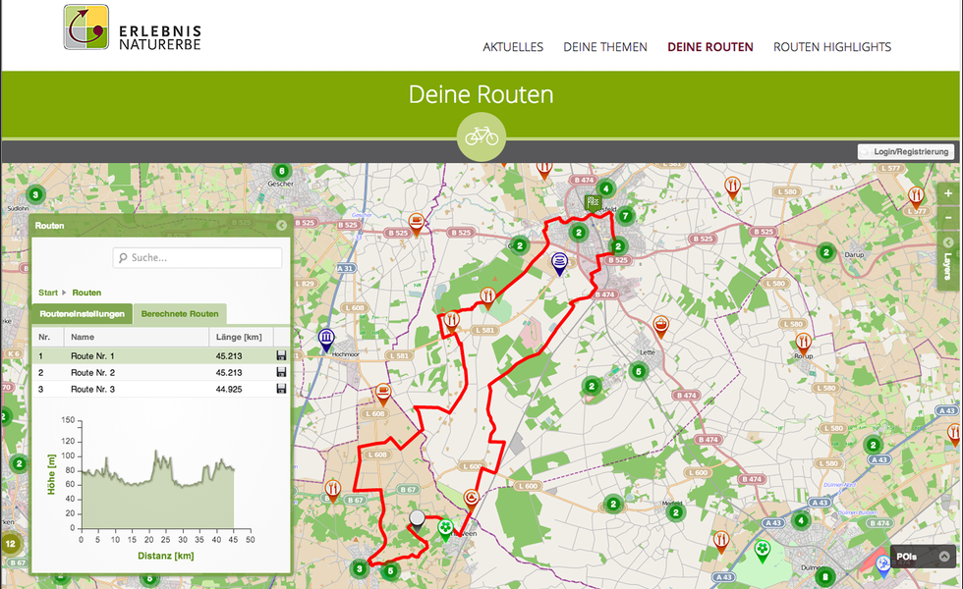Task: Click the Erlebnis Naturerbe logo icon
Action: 86,27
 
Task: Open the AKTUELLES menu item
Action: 513,47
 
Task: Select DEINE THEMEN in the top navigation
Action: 605,47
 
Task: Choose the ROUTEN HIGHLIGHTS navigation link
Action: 832,47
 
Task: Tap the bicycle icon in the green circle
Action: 481,136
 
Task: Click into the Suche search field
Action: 198,258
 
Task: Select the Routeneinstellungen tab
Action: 82,314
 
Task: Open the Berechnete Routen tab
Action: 180,314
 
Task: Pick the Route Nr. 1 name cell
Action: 92,356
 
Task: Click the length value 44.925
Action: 229,390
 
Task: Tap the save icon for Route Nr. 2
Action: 282,373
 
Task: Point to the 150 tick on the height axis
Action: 68,419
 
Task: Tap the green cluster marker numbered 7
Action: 625,216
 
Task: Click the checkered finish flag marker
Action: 593,204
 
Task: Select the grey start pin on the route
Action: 418,520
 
